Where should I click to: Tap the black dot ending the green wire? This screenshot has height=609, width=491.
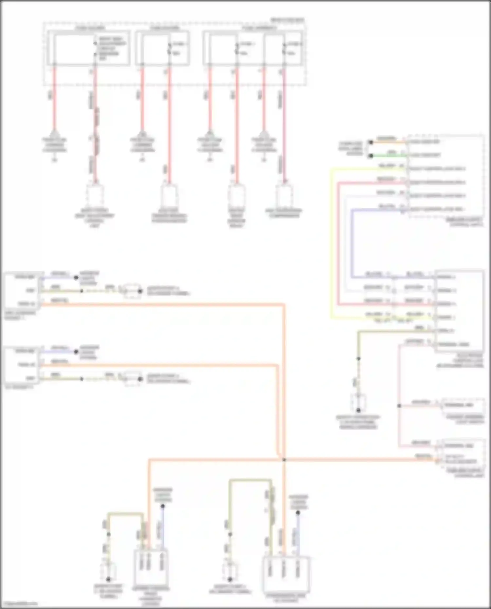[371, 156]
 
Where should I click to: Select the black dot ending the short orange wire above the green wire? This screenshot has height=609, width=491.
[371, 142]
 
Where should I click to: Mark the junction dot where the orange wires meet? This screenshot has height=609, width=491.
[284, 460]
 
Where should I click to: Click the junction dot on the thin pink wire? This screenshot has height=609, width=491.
[399, 406]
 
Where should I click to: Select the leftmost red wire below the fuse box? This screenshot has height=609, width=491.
[54, 98]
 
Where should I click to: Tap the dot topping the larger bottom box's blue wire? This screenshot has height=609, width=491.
[298, 513]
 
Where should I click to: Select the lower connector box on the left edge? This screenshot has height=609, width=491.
[22, 365]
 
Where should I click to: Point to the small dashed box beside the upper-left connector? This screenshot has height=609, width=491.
[132, 291]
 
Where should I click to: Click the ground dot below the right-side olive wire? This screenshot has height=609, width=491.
[358, 410]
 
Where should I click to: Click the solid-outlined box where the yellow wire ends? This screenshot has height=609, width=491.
[459, 311]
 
